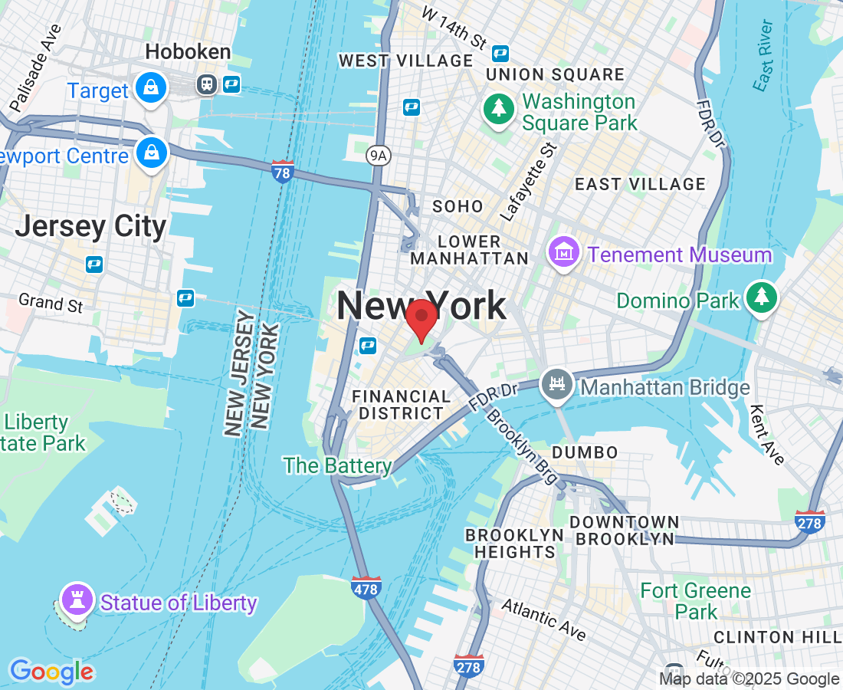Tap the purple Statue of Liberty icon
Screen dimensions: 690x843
(76, 600)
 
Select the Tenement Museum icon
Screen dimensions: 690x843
(564, 253)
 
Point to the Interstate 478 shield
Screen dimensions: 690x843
(366, 588)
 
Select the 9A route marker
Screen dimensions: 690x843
(378, 156)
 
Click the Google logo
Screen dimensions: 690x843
(52, 672)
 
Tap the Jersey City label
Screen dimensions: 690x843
(90, 227)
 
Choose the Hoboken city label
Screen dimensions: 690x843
(188, 52)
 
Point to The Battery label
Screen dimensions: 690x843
(337, 465)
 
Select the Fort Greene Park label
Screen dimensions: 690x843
(696, 600)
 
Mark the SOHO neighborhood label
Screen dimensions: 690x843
(458, 206)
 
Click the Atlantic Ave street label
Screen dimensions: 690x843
(543, 619)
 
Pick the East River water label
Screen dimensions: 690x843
(763, 56)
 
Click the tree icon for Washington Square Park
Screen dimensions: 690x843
(499, 108)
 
